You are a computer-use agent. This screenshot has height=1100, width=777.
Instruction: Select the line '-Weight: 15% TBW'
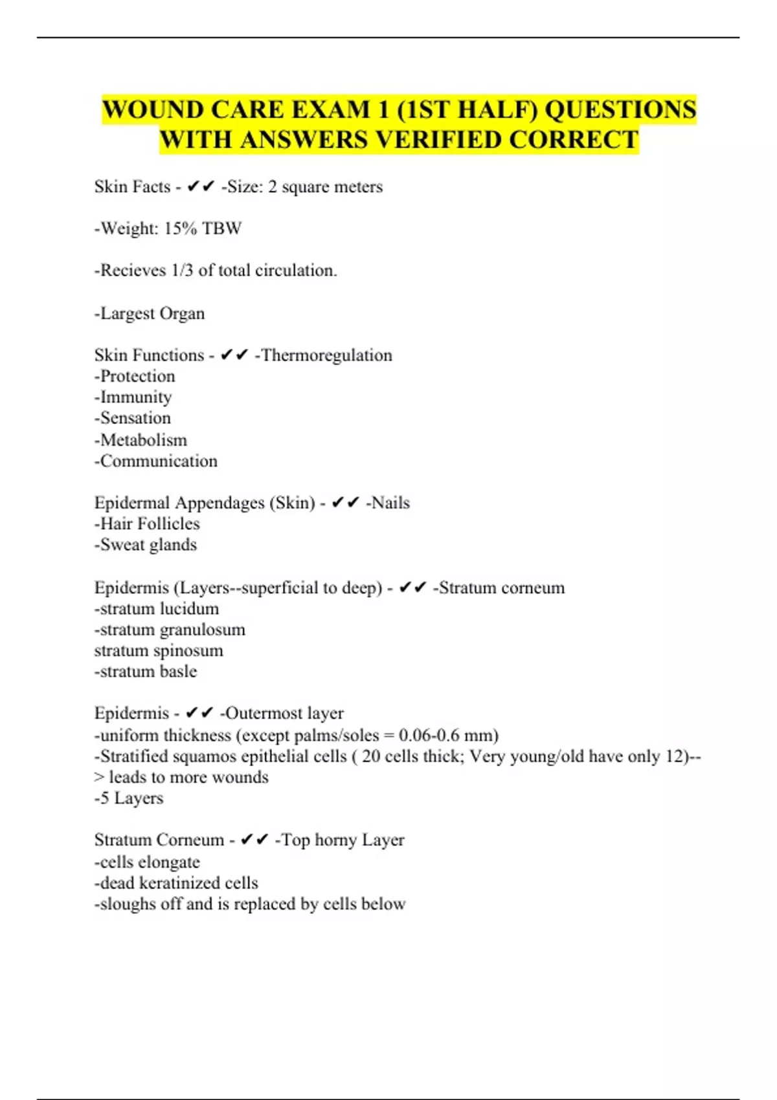click(x=168, y=228)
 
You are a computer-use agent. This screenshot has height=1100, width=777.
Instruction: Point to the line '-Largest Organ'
click(x=150, y=313)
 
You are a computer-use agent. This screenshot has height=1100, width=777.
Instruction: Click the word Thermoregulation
click(x=327, y=355)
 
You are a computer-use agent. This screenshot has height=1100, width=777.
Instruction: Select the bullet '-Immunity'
click(x=133, y=397)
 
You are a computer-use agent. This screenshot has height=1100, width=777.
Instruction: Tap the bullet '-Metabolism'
click(x=141, y=440)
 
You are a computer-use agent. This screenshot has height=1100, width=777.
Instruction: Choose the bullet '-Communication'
click(x=155, y=461)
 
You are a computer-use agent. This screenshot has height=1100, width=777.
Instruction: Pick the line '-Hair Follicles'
click(x=147, y=523)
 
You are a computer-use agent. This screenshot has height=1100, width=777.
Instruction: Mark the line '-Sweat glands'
click(x=145, y=545)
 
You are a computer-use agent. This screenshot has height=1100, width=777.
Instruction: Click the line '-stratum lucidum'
click(x=157, y=609)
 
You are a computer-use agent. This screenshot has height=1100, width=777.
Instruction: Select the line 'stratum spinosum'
click(x=159, y=650)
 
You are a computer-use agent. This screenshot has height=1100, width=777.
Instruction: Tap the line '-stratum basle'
click(x=145, y=671)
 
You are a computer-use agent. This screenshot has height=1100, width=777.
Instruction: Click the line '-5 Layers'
click(x=129, y=798)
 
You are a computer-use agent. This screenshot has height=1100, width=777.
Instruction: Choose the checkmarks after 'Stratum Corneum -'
click(x=254, y=840)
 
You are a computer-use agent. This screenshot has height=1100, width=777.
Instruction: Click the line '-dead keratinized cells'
click(x=176, y=883)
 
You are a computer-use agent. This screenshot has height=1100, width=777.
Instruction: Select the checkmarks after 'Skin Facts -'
click(x=200, y=187)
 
